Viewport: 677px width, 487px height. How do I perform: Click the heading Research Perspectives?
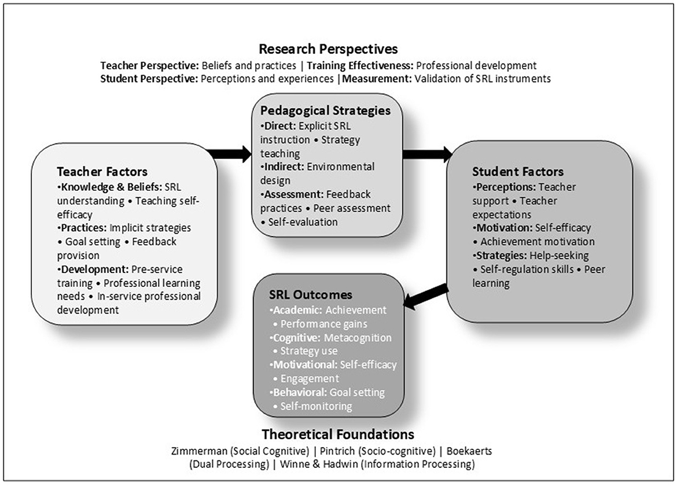pyautogui.click(x=328, y=49)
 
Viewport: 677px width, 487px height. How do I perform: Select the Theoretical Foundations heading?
pyautogui.click(x=338, y=434)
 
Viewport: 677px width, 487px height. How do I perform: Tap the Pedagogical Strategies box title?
pyautogui.click(x=325, y=110)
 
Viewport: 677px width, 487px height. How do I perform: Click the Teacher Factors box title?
pyautogui.click(x=102, y=172)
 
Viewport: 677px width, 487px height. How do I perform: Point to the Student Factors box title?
pyautogui.click(x=517, y=172)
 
